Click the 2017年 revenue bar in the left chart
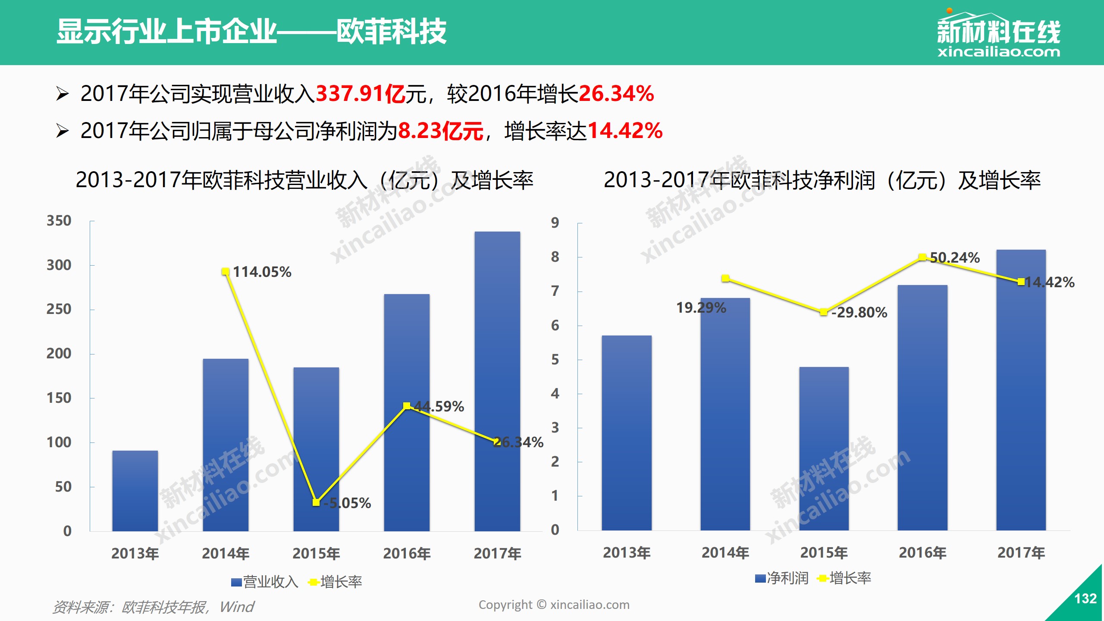(497, 379)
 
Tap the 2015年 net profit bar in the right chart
(824, 448)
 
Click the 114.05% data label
(262, 272)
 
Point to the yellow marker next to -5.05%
(316, 502)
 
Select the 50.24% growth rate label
(955, 258)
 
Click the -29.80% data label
(859, 313)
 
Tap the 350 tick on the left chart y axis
(59, 221)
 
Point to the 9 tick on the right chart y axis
(555, 223)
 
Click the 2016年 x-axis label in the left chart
(407, 553)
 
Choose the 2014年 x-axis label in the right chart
(725, 552)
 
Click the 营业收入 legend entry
(265, 582)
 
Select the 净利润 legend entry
(781, 578)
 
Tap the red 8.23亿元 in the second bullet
(440, 131)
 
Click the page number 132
(1085, 599)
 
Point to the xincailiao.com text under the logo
(998, 53)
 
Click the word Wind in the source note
(237, 607)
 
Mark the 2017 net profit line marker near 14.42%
(1021, 282)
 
